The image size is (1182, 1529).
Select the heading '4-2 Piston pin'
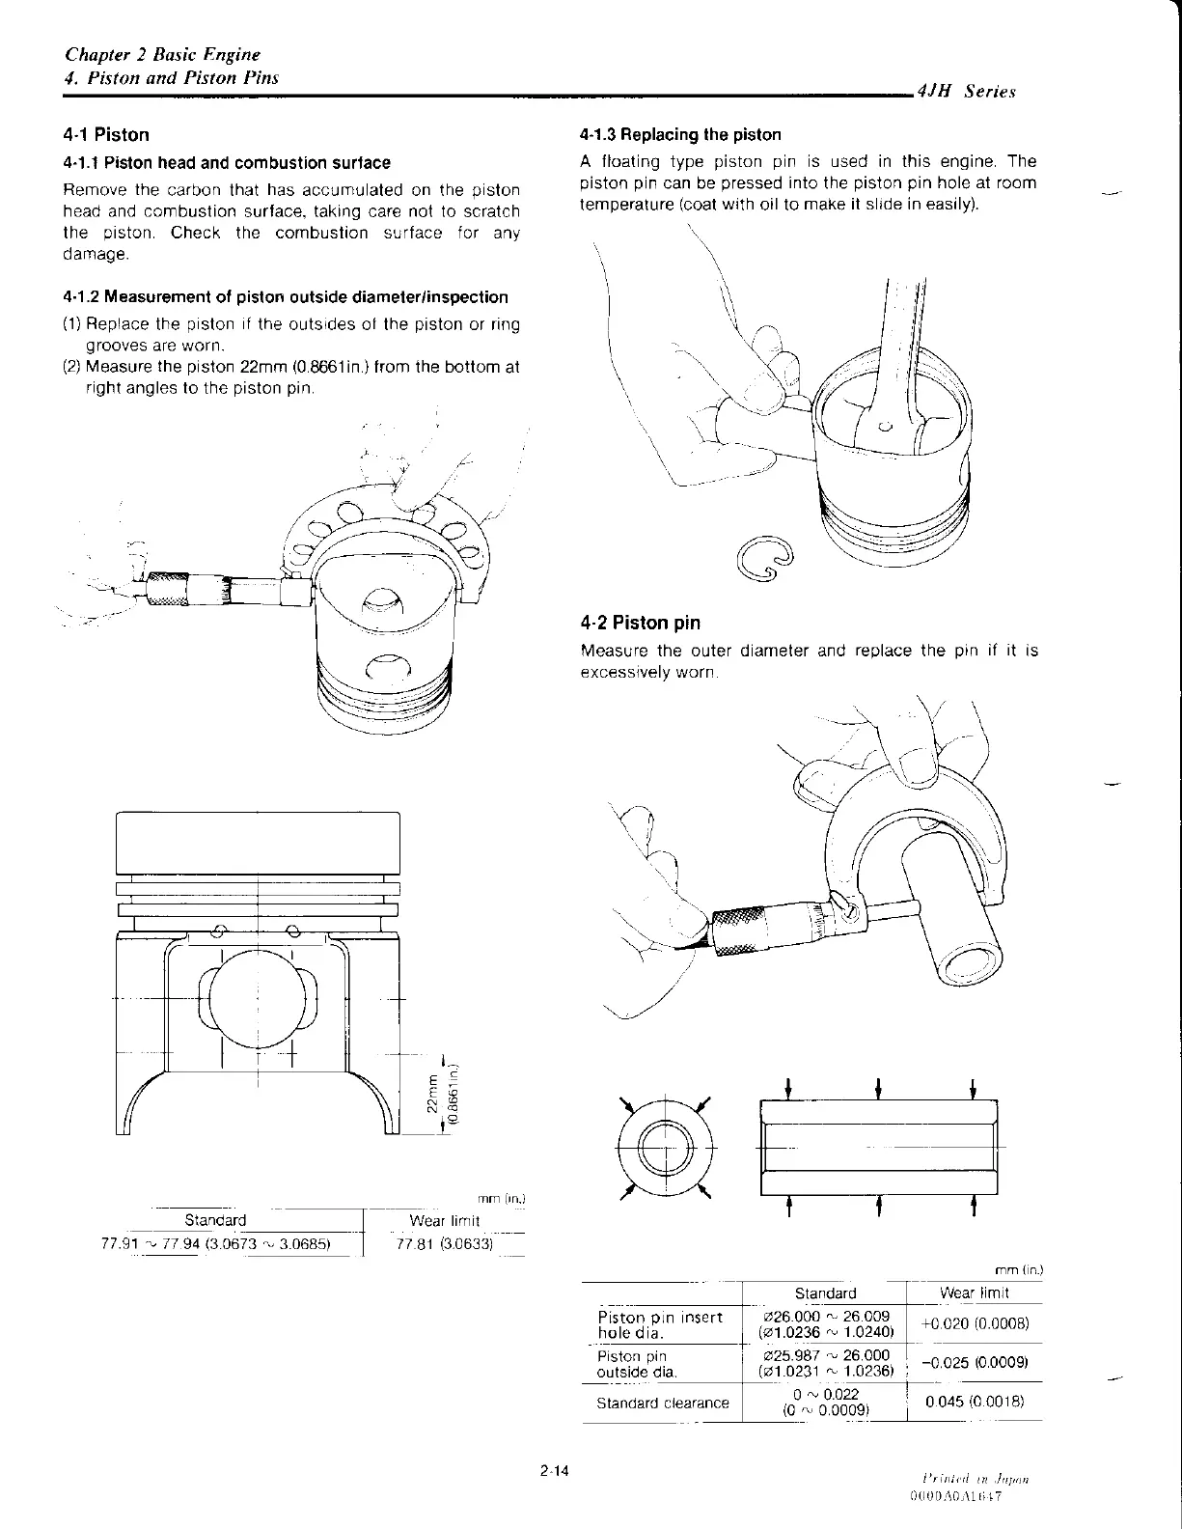[x=641, y=623]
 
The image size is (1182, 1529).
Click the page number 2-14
[x=556, y=1472]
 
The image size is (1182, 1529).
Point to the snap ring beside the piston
[x=767, y=561]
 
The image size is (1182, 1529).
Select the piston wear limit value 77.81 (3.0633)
[x=445, y=1243]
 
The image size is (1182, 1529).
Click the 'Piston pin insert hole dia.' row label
[x=660, y=1324]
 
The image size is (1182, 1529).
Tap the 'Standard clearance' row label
[x=662, y=1403]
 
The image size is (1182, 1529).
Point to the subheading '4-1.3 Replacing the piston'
[x=680, y=135]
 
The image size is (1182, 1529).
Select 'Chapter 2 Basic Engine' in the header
[x=162, y=55]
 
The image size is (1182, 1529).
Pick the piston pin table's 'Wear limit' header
[x=974, y=1293]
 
